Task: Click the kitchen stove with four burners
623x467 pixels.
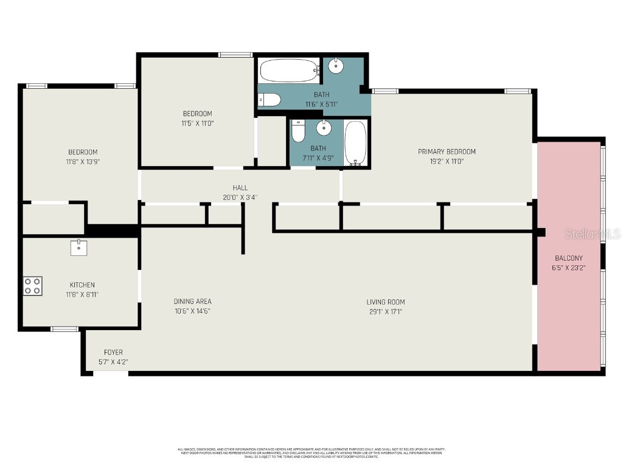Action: (x=33, y=286)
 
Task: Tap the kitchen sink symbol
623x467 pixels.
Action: (x=79, y=247)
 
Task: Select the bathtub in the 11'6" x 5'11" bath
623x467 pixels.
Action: (x=289, y=71)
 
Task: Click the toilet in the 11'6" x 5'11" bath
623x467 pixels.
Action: (x=269, y=100)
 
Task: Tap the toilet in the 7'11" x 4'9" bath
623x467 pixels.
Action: (x=298, y=130)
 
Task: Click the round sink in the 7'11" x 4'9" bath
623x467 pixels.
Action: (x=324, y=128)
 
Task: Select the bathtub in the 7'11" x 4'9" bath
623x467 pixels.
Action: (x=355, y=142)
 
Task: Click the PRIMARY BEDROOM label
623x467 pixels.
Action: (x=447, y=151)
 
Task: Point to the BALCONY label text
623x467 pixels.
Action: (x=568, y=258)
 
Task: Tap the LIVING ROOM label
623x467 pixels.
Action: (x=385, y=302)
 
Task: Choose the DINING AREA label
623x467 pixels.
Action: (x=193, y=302)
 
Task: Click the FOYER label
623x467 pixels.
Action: (x=113, y=352)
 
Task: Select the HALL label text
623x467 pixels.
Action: (x=240, y=188)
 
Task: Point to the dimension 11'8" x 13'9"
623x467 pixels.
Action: (x=82, y=162)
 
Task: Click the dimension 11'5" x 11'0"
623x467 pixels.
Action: (x=198, y=123)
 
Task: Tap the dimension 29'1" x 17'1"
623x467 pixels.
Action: (x=385, y=312)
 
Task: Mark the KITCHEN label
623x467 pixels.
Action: (x=82, y=285)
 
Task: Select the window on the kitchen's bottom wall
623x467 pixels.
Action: (x=64, y=329)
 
